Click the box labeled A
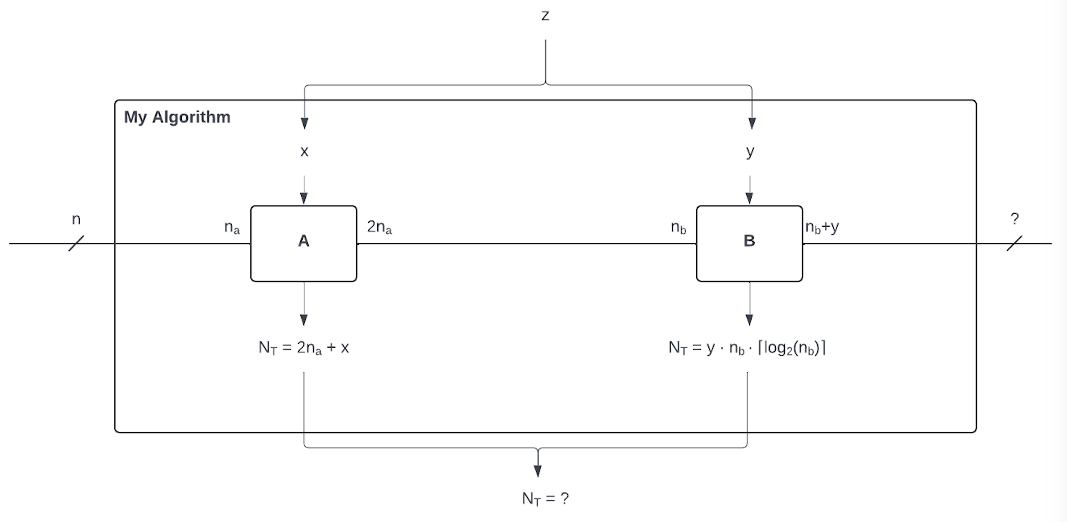coord(303,243)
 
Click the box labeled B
coord(749,243)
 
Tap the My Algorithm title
coord(177,117)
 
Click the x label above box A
coord(304,152)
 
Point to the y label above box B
coord(750,152)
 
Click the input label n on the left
coord(76,219)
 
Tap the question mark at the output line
coord(1015,219)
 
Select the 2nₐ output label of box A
coord(379,227)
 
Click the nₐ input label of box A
coord(232,228)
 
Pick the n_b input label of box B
coord(678,228)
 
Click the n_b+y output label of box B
coord(822,227)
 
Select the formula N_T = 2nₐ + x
coord(303,348)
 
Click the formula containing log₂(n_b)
coord(747,348)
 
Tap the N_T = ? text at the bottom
coord(545,498)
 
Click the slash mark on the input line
coord(76,243)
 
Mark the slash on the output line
coord(1014,243)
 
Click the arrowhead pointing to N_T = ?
coord(538,471)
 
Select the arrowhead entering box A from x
coord(304,198)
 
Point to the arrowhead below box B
coord(749,319)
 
